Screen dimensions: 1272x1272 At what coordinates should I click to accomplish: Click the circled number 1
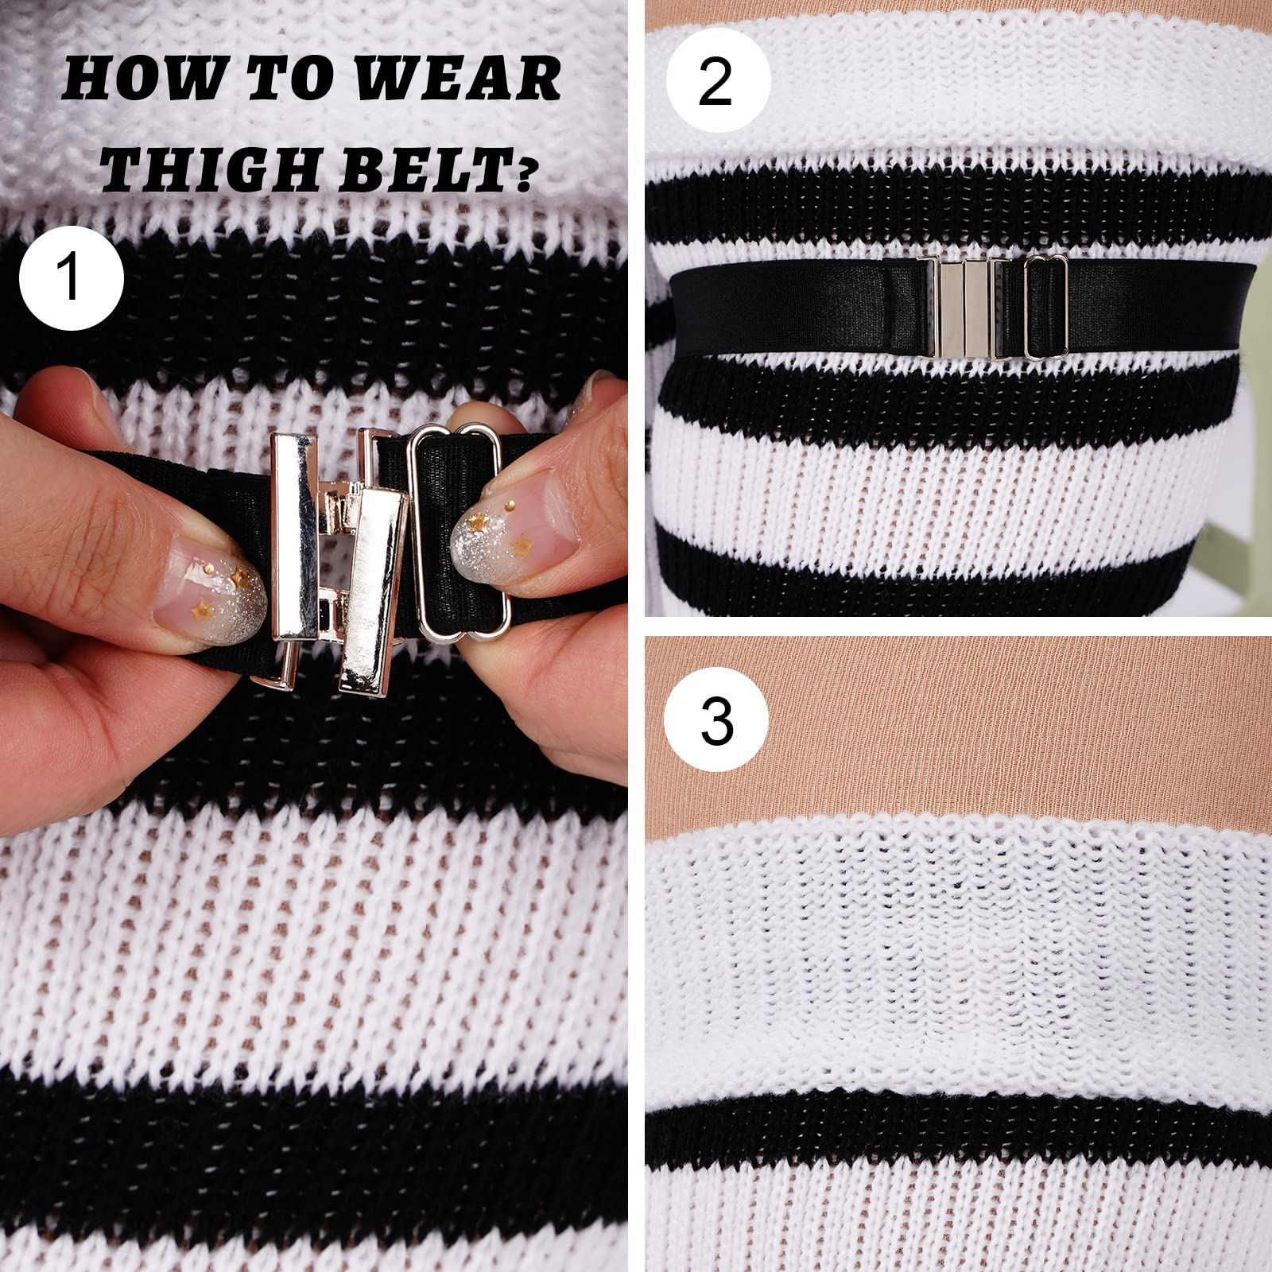tap(72, 278)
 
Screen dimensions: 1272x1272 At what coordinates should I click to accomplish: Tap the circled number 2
tap(717, 82)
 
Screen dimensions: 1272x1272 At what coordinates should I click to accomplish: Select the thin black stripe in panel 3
tap(954, 1129)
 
